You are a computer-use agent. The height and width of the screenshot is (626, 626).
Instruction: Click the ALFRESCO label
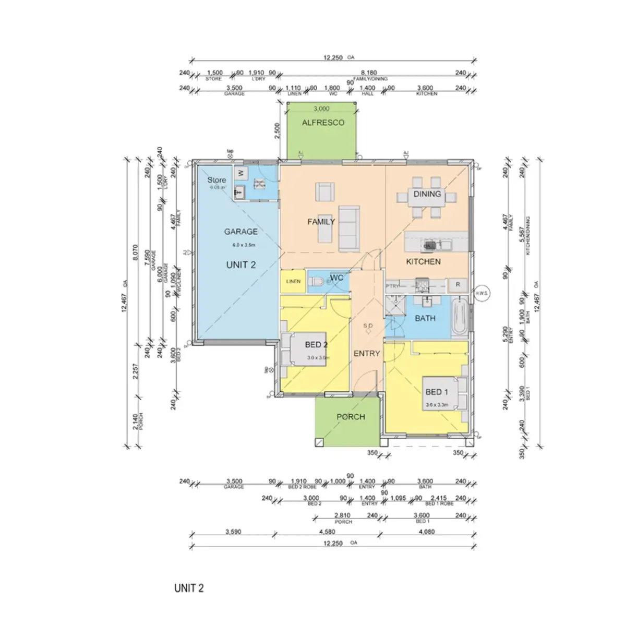tap(323, 123)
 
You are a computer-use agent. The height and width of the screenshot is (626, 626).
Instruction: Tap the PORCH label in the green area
tap(351, 417)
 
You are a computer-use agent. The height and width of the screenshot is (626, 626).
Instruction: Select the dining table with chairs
tap(427, 197)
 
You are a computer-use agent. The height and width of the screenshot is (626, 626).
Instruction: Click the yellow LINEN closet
tap(293, 282)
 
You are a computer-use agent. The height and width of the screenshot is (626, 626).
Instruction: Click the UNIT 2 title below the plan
tap(189, 588)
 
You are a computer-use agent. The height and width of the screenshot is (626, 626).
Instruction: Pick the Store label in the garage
tap(216, 180)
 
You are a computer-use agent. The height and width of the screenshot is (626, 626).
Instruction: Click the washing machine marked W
tap(241, 173)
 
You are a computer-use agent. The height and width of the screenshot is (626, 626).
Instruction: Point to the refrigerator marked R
tap(458, 285)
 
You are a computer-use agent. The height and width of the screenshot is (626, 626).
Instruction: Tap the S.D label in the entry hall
tap(367, 326)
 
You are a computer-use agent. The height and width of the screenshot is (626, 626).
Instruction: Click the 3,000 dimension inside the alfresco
tap(321, 109)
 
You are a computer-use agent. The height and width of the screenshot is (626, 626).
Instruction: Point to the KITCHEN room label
tap(423, 261)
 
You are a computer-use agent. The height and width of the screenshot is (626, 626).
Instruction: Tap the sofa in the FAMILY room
tap(348, 227)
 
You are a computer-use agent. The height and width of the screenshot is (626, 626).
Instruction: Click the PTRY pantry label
tap(392, 286)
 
